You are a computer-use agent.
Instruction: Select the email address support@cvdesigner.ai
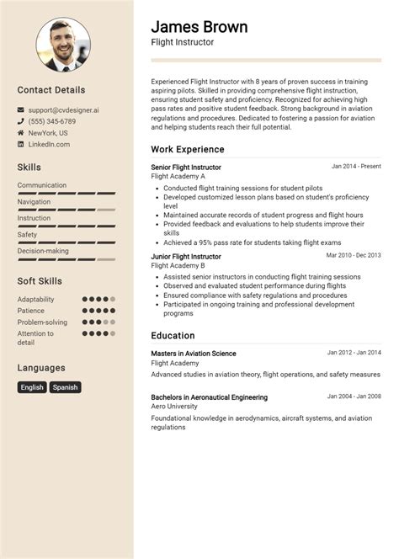63,109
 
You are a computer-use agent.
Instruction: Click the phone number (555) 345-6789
51,121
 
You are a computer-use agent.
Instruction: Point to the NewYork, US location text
48,133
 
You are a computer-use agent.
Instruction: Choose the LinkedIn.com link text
49,145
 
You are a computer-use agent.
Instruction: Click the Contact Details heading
51,90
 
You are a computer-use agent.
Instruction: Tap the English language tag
32,387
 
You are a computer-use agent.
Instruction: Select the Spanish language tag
65,387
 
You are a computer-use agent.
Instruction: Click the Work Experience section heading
187,149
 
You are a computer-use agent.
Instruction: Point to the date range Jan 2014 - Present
356,167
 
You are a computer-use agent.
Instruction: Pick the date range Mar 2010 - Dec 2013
354,254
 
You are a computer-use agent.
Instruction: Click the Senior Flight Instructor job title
186,168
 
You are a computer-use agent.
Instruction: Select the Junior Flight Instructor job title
186,256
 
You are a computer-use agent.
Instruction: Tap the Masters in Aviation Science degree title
194,354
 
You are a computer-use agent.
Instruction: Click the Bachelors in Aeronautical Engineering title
210,397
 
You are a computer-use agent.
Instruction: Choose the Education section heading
173,335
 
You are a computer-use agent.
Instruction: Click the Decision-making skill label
43,250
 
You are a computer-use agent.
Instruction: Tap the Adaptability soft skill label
35,299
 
